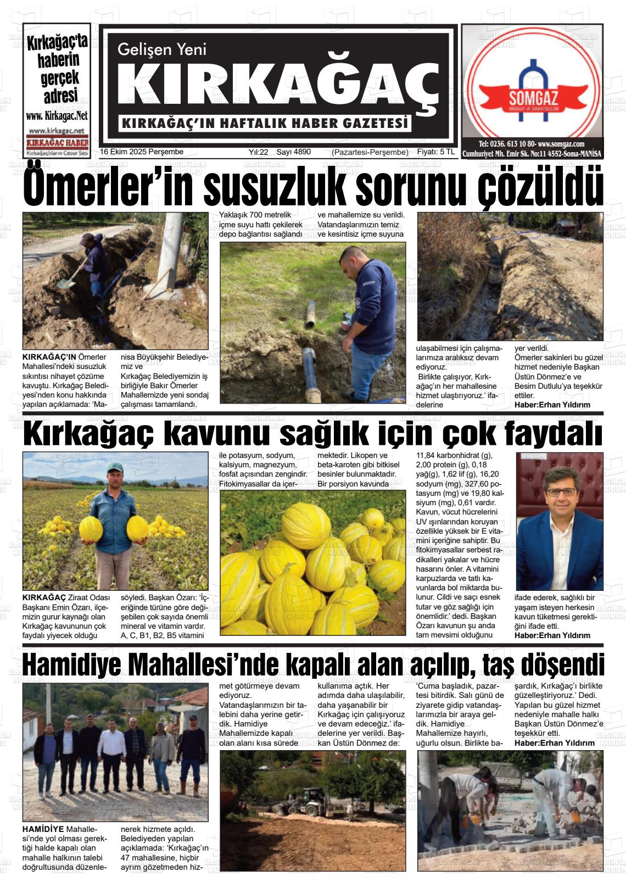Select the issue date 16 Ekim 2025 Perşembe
tap(142, 152)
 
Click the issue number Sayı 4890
tap(293, 152)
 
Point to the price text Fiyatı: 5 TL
tap(436, 152)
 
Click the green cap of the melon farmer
tap(115, 467)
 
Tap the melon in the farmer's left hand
tap(137, 528)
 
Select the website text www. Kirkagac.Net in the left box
tap(57, 116)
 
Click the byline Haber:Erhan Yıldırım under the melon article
tap(552, 635)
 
